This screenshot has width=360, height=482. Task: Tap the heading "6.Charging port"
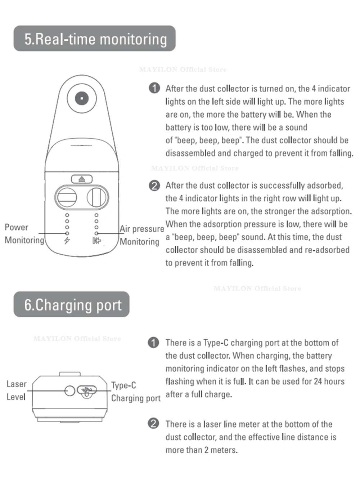(72, 304)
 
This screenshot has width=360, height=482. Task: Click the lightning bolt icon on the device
(67, 241)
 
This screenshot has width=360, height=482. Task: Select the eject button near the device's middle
(82, 179)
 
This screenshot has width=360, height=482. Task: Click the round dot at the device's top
(82, 98)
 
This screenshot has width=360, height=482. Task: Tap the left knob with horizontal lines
(66, 197)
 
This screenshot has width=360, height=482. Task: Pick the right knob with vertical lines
(97, 197)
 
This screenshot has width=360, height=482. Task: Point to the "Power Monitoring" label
(24, 234)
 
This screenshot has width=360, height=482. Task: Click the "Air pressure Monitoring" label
(141, 235)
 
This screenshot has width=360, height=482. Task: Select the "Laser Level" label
(16, 390)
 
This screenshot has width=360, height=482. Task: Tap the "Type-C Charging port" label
(135, 392)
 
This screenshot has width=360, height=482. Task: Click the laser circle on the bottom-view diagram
(69, 390)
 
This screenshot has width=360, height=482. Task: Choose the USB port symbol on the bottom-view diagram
(86, 391)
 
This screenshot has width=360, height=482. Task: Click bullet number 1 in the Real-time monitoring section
(154, 88)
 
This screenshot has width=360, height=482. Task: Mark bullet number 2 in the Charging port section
(154, 423)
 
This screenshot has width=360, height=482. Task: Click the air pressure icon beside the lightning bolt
(96, 241)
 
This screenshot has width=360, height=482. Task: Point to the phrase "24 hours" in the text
(329, 381)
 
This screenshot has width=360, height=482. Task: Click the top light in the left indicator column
(67, 215)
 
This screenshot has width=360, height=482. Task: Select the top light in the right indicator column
(96, 215)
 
